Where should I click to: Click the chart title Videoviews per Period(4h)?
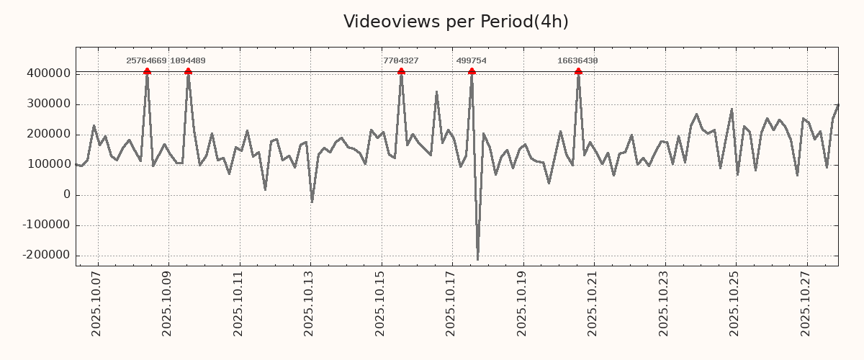tap(456, 22)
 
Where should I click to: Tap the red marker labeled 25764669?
tap(147, 71)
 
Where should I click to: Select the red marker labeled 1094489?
tap(188, 71)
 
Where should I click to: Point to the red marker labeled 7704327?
tap(401, 71)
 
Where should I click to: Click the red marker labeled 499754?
tap(472, 71)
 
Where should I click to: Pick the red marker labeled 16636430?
tap(578, 71)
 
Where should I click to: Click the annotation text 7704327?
tap(401, 61)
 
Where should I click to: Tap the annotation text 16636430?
tap(577, 61)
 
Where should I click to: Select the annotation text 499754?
tap(472, 61)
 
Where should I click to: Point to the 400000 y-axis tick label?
tap(48, 73)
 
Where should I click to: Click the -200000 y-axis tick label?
tap(46, 256)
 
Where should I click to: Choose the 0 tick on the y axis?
tap(67, 195)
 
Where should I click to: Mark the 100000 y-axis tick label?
tap(48, 165)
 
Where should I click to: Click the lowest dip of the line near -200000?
tap(477, 259)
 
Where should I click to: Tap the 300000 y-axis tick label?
tap(48, 104)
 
